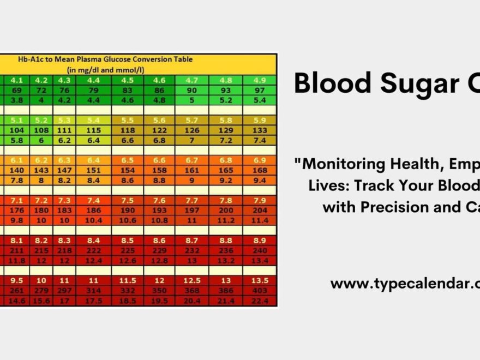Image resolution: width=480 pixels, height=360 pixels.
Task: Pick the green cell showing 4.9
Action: point(259,80)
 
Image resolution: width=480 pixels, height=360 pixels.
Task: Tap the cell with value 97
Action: point(259,89)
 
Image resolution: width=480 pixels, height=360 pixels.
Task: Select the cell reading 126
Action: point(191,130)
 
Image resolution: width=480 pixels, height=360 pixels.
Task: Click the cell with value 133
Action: point(259,130)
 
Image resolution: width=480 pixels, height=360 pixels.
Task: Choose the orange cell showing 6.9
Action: point(259,160)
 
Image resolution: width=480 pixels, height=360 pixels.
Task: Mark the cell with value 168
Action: point(259,171)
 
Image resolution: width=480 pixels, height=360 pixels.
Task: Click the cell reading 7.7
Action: point(191,201)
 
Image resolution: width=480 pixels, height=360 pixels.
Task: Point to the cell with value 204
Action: point(259,211)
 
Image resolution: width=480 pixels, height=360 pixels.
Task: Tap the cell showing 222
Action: point(93,251)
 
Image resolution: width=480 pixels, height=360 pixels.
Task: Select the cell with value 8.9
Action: point(259,241)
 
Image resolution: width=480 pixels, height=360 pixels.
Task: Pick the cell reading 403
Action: point(259,291)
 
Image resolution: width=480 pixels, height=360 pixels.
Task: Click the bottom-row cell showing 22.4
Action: point(259,301)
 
